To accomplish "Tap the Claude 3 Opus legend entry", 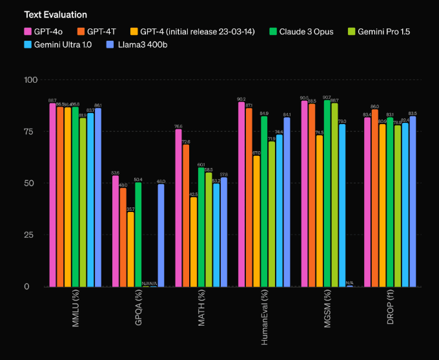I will (303, 31).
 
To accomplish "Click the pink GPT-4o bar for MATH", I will (179, 207).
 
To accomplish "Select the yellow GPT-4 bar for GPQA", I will (131, 249).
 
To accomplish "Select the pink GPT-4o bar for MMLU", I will (53, 195).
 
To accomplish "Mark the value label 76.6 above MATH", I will (178, 126).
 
